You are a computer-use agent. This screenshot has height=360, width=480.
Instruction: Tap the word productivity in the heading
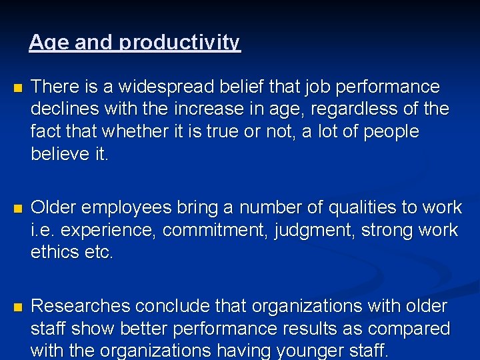(x=179, y=43)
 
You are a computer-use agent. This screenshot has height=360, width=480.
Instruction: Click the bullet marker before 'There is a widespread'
(x=17, y=88)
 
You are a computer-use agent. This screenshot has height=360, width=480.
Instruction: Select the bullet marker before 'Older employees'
(x=17, y=209)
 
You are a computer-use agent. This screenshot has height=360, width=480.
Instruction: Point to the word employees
(x=127, y=208)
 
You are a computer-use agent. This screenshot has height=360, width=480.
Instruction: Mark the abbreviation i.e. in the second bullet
(x=43, y=231)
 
